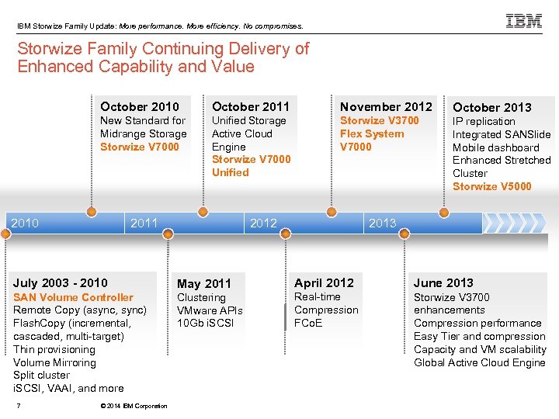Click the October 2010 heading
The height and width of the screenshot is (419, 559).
tap(140, 106)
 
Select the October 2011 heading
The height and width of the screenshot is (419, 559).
tap(251, 106)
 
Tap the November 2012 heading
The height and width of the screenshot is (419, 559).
tap(386, 106)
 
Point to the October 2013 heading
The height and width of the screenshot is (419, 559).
tap(492, 107)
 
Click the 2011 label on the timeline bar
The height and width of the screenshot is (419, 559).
tap(144, 223)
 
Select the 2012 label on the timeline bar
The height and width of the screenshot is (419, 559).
tap(263, 223)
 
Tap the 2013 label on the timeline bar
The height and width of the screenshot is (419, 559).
tap(382, 223)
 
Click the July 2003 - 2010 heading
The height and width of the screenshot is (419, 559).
tap(61, 283)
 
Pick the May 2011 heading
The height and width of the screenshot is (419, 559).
tap(204, 284)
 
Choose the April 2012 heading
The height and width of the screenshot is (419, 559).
tap(324, 283)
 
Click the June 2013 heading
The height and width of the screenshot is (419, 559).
tap(443, 283)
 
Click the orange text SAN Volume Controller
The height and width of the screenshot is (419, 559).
tap(73, 297)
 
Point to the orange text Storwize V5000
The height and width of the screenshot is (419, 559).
tap(492, 186)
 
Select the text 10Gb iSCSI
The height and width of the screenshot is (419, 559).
tap(205, 323)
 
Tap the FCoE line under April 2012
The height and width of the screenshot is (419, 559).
tap(308, 323)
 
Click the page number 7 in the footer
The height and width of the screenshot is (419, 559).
tap(18, 405)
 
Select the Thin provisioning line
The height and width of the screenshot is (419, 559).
tap(54, 349)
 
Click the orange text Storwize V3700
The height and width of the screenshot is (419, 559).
tap(379, 120)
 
